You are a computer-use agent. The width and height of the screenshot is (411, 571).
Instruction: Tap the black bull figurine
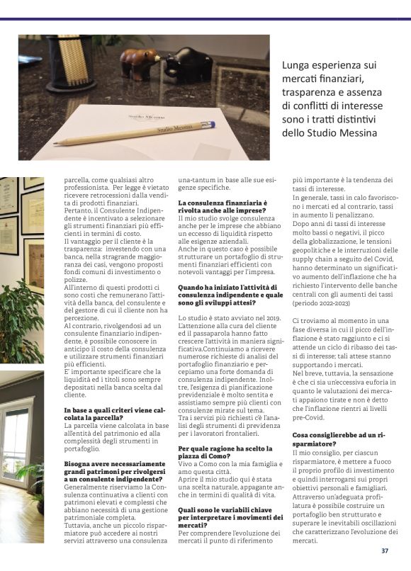(187, 63)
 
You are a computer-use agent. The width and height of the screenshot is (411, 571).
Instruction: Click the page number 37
(385, 550)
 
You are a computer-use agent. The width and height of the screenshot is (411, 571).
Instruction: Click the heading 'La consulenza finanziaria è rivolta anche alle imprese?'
(222, 207)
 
